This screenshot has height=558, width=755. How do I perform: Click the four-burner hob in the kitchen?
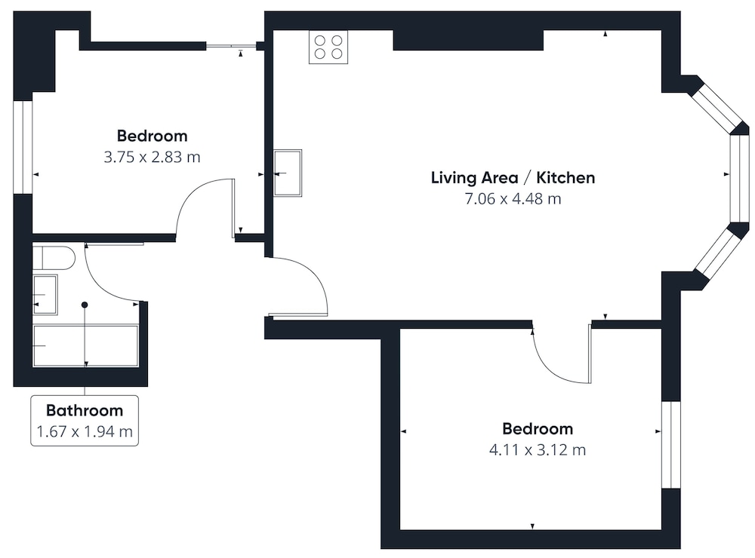328,47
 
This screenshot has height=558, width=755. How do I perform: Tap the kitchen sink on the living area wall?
288,173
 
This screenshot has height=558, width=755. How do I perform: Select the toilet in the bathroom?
54,258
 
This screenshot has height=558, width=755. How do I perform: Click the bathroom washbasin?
45,294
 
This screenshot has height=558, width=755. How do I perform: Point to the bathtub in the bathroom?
86,346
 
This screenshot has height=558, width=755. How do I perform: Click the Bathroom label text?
85,410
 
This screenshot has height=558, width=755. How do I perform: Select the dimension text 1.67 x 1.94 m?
85,431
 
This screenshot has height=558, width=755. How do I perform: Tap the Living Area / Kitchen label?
513,177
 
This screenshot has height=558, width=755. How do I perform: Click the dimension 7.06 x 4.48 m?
513,198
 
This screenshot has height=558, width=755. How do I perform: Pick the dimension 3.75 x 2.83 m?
153,158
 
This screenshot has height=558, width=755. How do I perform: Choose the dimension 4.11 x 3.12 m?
538,450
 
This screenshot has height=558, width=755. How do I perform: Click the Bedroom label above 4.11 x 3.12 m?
538,428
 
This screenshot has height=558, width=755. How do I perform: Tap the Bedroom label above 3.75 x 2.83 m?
153,136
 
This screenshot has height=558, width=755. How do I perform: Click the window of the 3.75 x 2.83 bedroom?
23,147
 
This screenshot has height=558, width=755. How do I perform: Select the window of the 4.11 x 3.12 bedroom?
671,445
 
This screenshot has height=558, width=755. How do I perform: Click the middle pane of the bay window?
740,179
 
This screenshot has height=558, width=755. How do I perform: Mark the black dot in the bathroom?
85,305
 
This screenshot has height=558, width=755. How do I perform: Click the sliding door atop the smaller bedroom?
231,46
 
